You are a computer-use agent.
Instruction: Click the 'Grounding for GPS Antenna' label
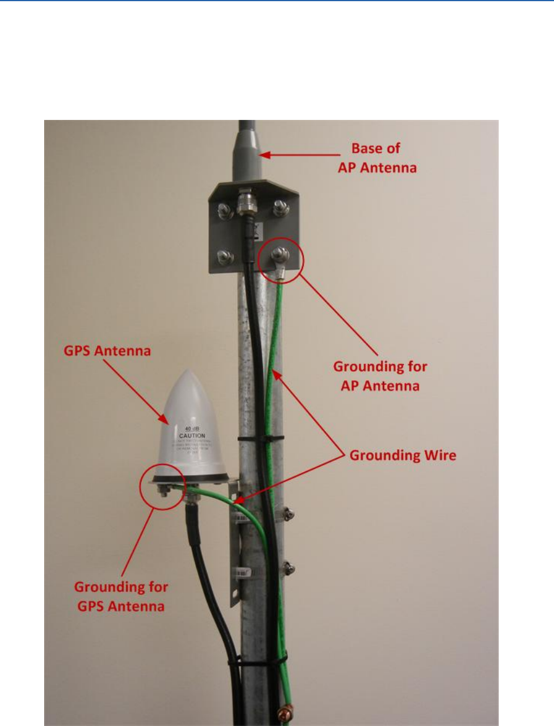(x=121, y=595)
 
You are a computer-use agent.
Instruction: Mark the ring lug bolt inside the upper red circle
(x=280, y=256)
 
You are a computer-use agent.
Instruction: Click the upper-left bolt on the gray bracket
(x=225, y=210)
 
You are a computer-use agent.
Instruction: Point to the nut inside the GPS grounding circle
(x=163, y=489)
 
